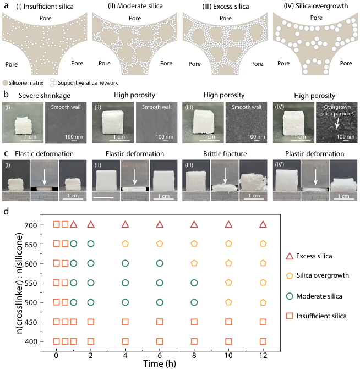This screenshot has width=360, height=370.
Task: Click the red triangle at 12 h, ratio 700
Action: click(x=263, y=224)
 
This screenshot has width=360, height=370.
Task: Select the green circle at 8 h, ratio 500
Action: click(x=194, y=302)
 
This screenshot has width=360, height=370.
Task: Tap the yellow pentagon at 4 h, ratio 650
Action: click(x=125, y=244)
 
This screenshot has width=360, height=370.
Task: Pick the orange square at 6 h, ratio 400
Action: click(x=160, y=341)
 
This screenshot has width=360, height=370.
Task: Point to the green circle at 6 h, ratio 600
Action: click(x=160, y=263)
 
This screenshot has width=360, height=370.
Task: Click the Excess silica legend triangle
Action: click(x=290, y=256)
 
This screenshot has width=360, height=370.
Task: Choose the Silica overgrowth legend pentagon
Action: click(x=290, y=275)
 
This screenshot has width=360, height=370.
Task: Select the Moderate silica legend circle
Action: click(x=290, y=296)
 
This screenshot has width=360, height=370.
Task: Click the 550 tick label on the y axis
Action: click(x=31, y=283)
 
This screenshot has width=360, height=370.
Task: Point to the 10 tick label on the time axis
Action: click(x=228, y=355)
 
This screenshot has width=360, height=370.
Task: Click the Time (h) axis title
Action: click(x=160, y=363)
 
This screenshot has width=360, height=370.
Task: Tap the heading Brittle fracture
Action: click(x=225, y=154)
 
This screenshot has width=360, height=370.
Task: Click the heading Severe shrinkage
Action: click(x=45, y=96)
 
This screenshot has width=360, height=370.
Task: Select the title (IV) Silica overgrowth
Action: click(x=316, y=6)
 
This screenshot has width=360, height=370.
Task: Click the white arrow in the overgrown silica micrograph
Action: click(x=337, y=123)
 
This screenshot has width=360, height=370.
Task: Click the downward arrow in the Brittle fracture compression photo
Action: click(x=225, y=176)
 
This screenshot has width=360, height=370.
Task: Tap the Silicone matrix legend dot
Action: click(x=5, y=83)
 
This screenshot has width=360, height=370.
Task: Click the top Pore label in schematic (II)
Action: click(x=135, y=18)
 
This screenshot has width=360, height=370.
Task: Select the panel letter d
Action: click(x=6, y=211)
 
